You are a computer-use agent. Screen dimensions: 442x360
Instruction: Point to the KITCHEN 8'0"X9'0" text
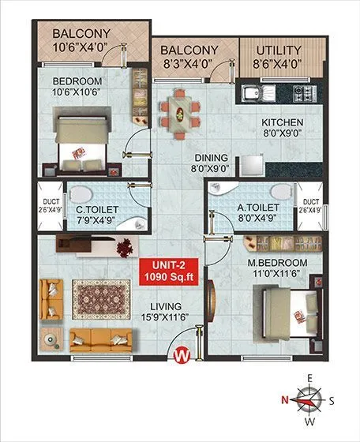click(x=282, y=129)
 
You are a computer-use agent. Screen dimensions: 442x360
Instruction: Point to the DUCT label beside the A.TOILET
click(x=310, y=206)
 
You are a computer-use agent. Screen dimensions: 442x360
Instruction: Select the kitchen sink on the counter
click(x=254, y=96)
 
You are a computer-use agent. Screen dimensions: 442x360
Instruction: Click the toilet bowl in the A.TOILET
click(x=280, y=191)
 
